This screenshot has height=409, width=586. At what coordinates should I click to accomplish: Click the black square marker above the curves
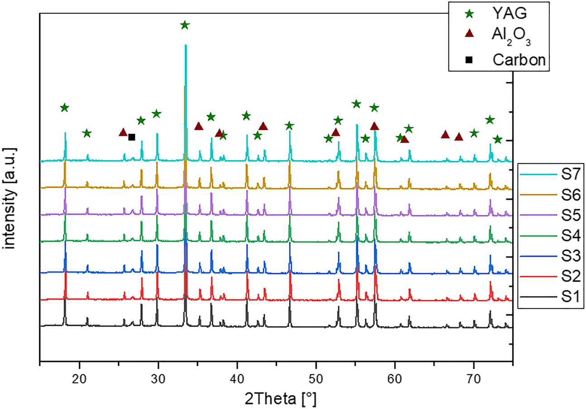[x=132, y=137]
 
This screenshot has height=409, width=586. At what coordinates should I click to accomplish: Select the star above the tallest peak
[x=184, y=25]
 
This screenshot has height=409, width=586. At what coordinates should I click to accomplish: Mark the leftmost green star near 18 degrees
[x=64, y=107]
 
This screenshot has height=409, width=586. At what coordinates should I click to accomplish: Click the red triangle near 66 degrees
[x=445, y=135]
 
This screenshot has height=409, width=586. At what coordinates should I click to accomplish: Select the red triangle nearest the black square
[x=123, y=133]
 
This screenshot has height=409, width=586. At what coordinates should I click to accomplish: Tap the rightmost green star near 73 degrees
[x=498, y=139]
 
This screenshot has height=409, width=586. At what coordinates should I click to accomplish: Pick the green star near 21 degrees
[x=87, y=133]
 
